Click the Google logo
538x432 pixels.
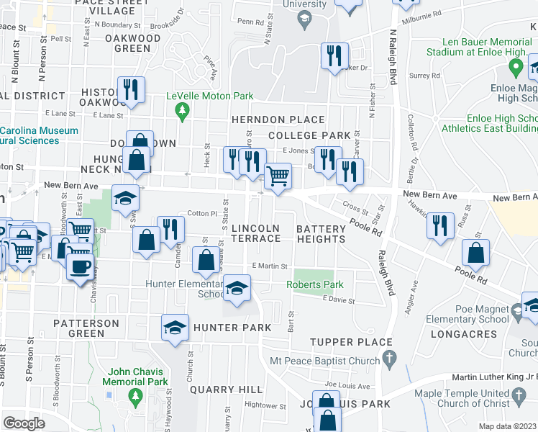coord(24,423)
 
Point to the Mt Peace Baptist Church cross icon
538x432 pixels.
coord(389,356)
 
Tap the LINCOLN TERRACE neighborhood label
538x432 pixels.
coord(255,233)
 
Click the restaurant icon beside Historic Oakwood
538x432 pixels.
coord(130,89)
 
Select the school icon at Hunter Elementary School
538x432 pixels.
coord(235,288)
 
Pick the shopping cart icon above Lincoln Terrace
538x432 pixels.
coord(278,175)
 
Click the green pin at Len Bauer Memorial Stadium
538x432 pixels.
coord(515,68)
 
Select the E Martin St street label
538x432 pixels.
coord(269,266)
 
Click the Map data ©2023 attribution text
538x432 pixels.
coord(506,426)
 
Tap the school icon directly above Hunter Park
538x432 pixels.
coord(175,328)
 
